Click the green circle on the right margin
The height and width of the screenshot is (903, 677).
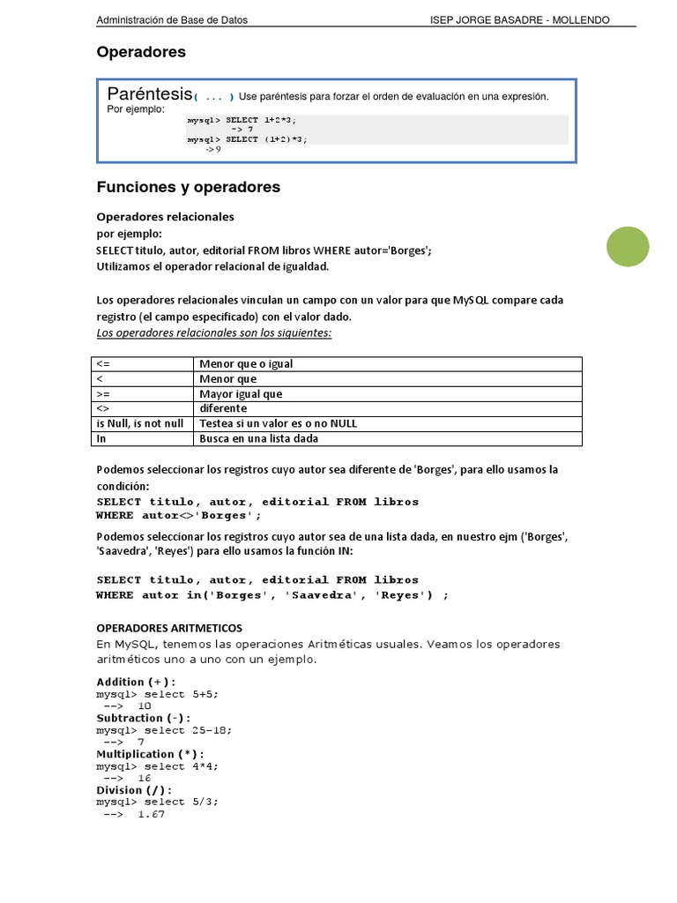pos(628,247)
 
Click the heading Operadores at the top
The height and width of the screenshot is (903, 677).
pos(141,52)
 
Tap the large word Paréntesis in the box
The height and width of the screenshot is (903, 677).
pos(149,93)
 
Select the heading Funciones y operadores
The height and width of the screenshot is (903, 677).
pos(188,187)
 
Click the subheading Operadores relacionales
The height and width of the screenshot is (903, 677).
pos(165,217)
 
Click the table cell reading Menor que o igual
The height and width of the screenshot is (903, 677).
pos(246,364)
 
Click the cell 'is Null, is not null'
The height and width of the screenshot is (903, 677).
pos(140,423)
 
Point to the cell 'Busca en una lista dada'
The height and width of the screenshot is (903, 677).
pos(258,438)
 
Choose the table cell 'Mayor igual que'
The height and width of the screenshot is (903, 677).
pos(241,394)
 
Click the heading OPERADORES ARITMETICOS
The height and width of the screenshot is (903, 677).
pos(168,628)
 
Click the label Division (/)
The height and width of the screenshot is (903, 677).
pos(134,790)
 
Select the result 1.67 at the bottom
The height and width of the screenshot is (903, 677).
pos(151,815)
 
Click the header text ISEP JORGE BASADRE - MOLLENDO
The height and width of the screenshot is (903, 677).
pos(518,20)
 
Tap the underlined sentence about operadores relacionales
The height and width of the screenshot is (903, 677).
pos(213,332)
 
